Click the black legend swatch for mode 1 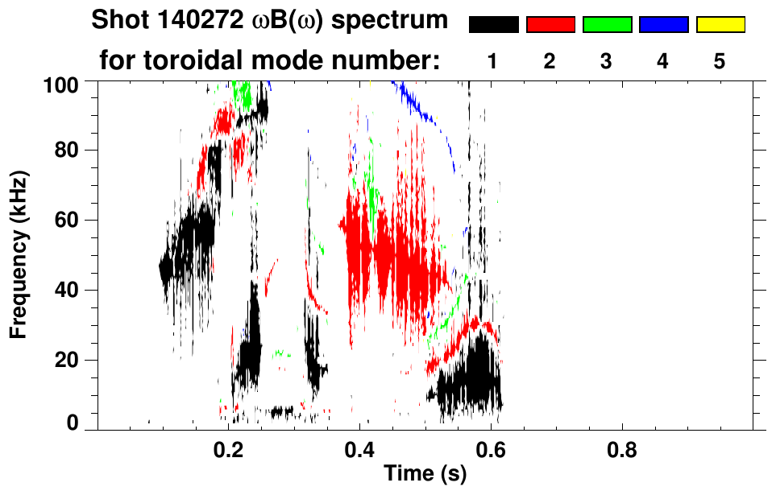493,25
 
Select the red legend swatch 550,25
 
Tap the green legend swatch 607,25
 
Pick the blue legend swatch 663,25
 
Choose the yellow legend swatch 720,25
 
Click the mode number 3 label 607,61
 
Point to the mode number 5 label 720,61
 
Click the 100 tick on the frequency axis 62,83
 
